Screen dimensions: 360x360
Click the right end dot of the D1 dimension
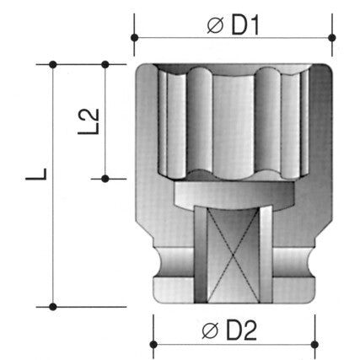coord(333,38)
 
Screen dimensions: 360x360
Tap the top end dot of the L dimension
coord(53,64)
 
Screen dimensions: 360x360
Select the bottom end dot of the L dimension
coord(53,305)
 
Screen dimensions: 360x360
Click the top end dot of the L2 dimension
coord(105,64)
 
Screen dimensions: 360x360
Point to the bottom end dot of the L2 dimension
coord(105,178)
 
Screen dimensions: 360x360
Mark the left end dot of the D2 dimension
coord(153,344)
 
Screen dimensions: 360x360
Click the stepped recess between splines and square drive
coord(233,196)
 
